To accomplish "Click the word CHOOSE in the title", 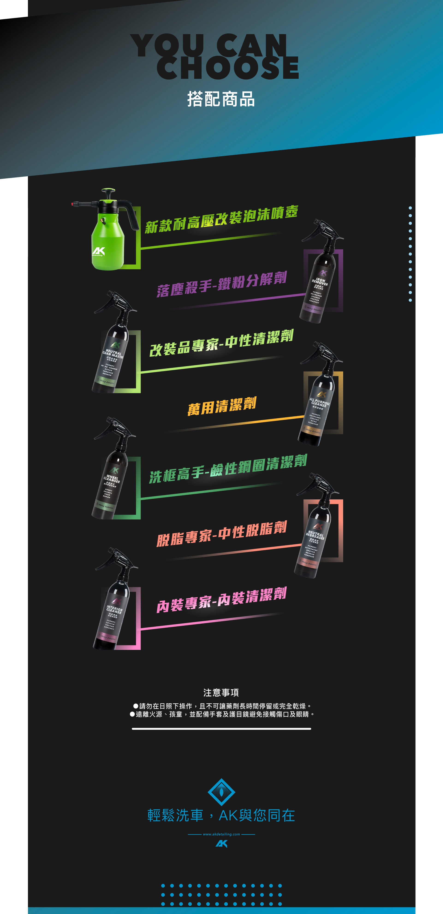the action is [x=228, y=68].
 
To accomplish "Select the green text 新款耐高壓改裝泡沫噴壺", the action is [x=221, y=219].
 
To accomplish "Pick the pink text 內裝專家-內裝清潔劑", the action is [x=221, y=600].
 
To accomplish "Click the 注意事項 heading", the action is [x=221, y=692].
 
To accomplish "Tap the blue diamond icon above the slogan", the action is [x=221, y=792].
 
